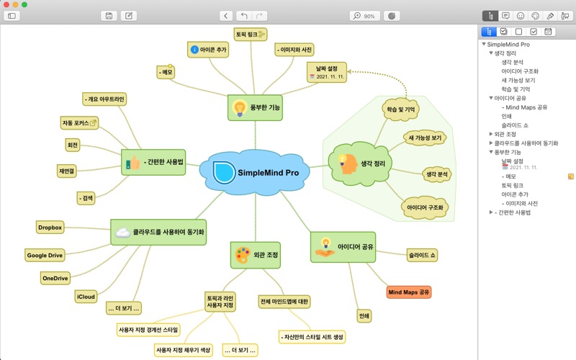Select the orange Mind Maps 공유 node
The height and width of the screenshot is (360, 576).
tap(408, 292)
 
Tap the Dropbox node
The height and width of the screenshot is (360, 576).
tap(50, 228)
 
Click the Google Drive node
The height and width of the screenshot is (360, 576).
tap(45, 255)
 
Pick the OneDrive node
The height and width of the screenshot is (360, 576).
tap(55, 277)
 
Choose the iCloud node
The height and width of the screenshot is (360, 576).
tap(86, 297)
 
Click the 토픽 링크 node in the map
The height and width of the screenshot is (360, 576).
tap(251, 34)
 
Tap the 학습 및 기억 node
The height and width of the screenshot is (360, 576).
tap(401, 109)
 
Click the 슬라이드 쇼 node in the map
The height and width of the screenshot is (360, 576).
tap(423, 255)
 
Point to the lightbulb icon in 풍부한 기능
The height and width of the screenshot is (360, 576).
tap(238, 107)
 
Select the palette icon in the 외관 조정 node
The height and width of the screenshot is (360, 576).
tap(242, 255)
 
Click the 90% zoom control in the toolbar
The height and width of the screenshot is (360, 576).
tap(365, 15)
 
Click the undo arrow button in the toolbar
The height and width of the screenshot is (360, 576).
tap(244, 15)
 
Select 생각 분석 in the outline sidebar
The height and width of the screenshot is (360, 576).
tap(514, 63)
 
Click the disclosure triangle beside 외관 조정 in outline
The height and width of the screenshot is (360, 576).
tap(490, 134)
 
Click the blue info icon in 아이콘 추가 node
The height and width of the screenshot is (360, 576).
tap(194, 50)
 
